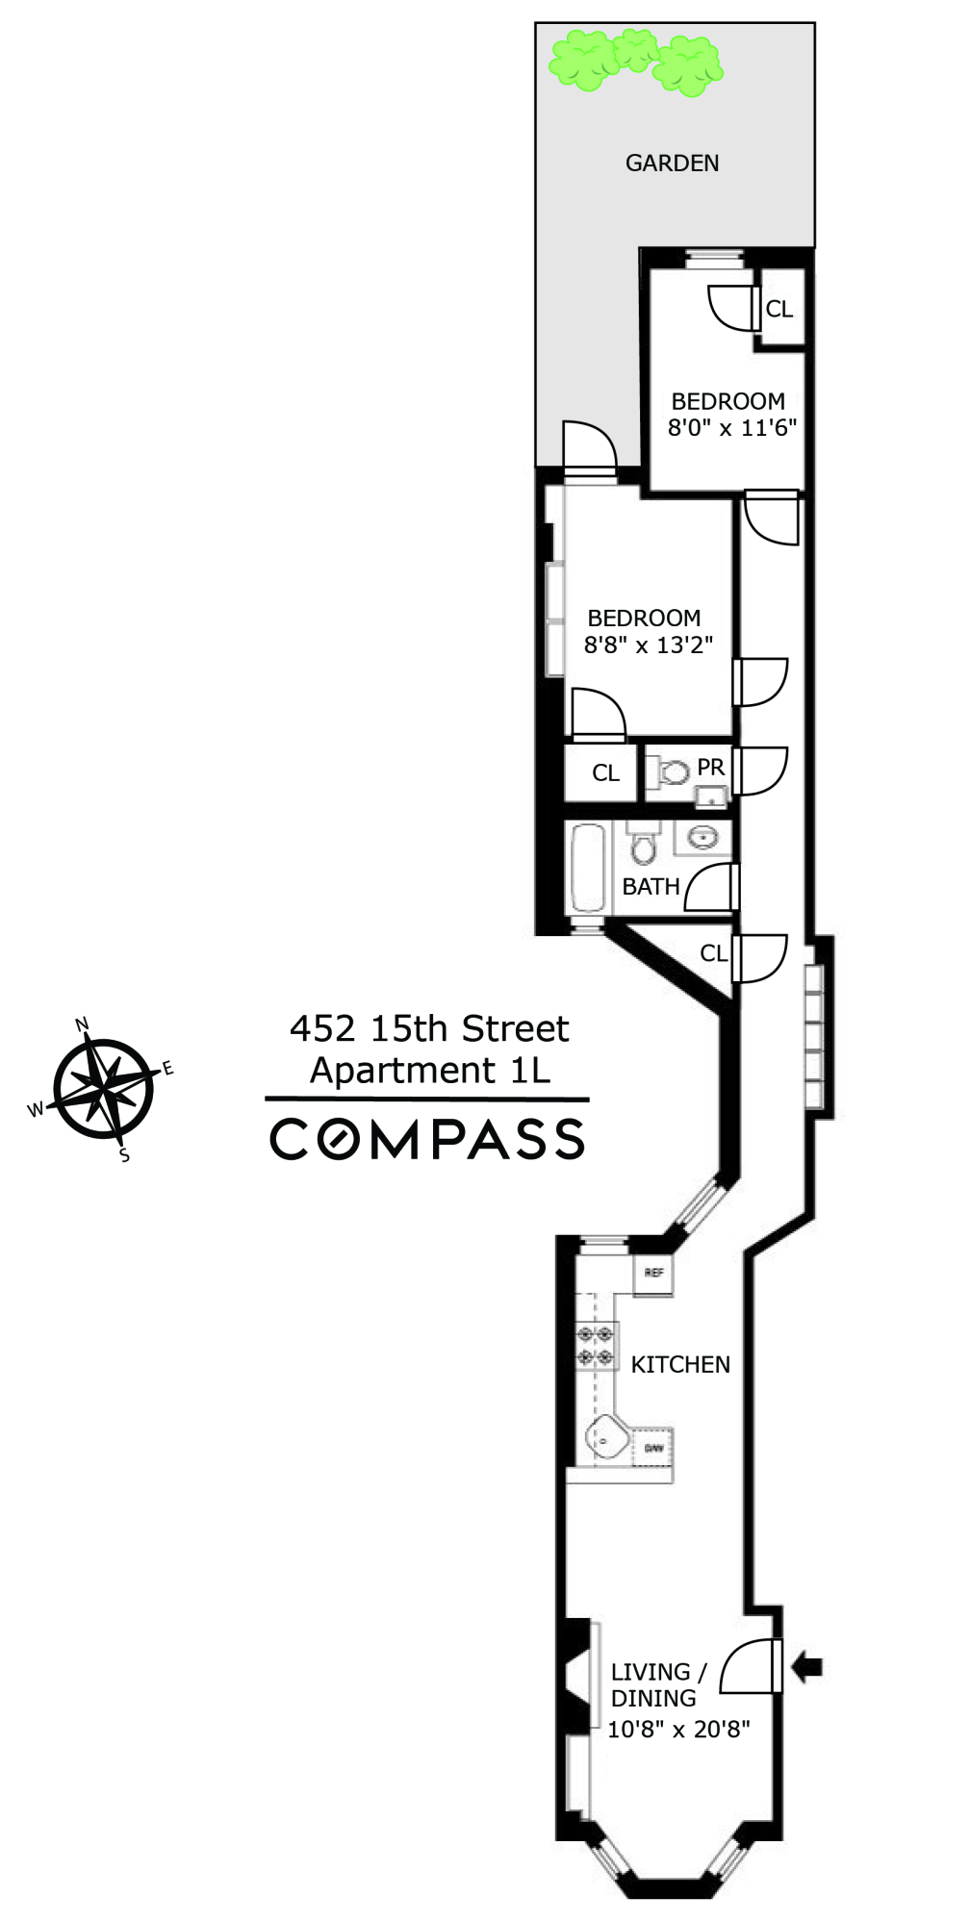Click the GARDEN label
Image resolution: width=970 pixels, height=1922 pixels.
[672, 163]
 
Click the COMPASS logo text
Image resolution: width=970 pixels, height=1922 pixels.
[427, 1139]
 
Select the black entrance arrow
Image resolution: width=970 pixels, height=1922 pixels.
[806, 1667]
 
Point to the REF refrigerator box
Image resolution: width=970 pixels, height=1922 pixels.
[653, 1274]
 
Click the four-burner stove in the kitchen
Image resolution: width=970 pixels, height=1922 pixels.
[595, 1346]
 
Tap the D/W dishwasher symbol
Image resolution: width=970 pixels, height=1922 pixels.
[653, 1448]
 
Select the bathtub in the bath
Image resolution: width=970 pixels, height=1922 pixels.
[587, 867]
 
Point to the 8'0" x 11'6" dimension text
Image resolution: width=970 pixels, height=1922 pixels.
[732, 428]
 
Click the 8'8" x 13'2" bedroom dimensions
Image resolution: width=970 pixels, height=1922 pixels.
[648, 645]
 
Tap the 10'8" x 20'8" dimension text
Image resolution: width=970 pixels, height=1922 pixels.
[678, 1729]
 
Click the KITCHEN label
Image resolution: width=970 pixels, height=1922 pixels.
[680, 1364]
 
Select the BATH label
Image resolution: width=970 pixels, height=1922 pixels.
[651, 886]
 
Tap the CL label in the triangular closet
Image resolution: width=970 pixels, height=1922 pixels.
[713, 952]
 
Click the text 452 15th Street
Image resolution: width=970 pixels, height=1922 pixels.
[429, 1028]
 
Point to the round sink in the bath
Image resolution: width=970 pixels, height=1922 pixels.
[703, 837]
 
